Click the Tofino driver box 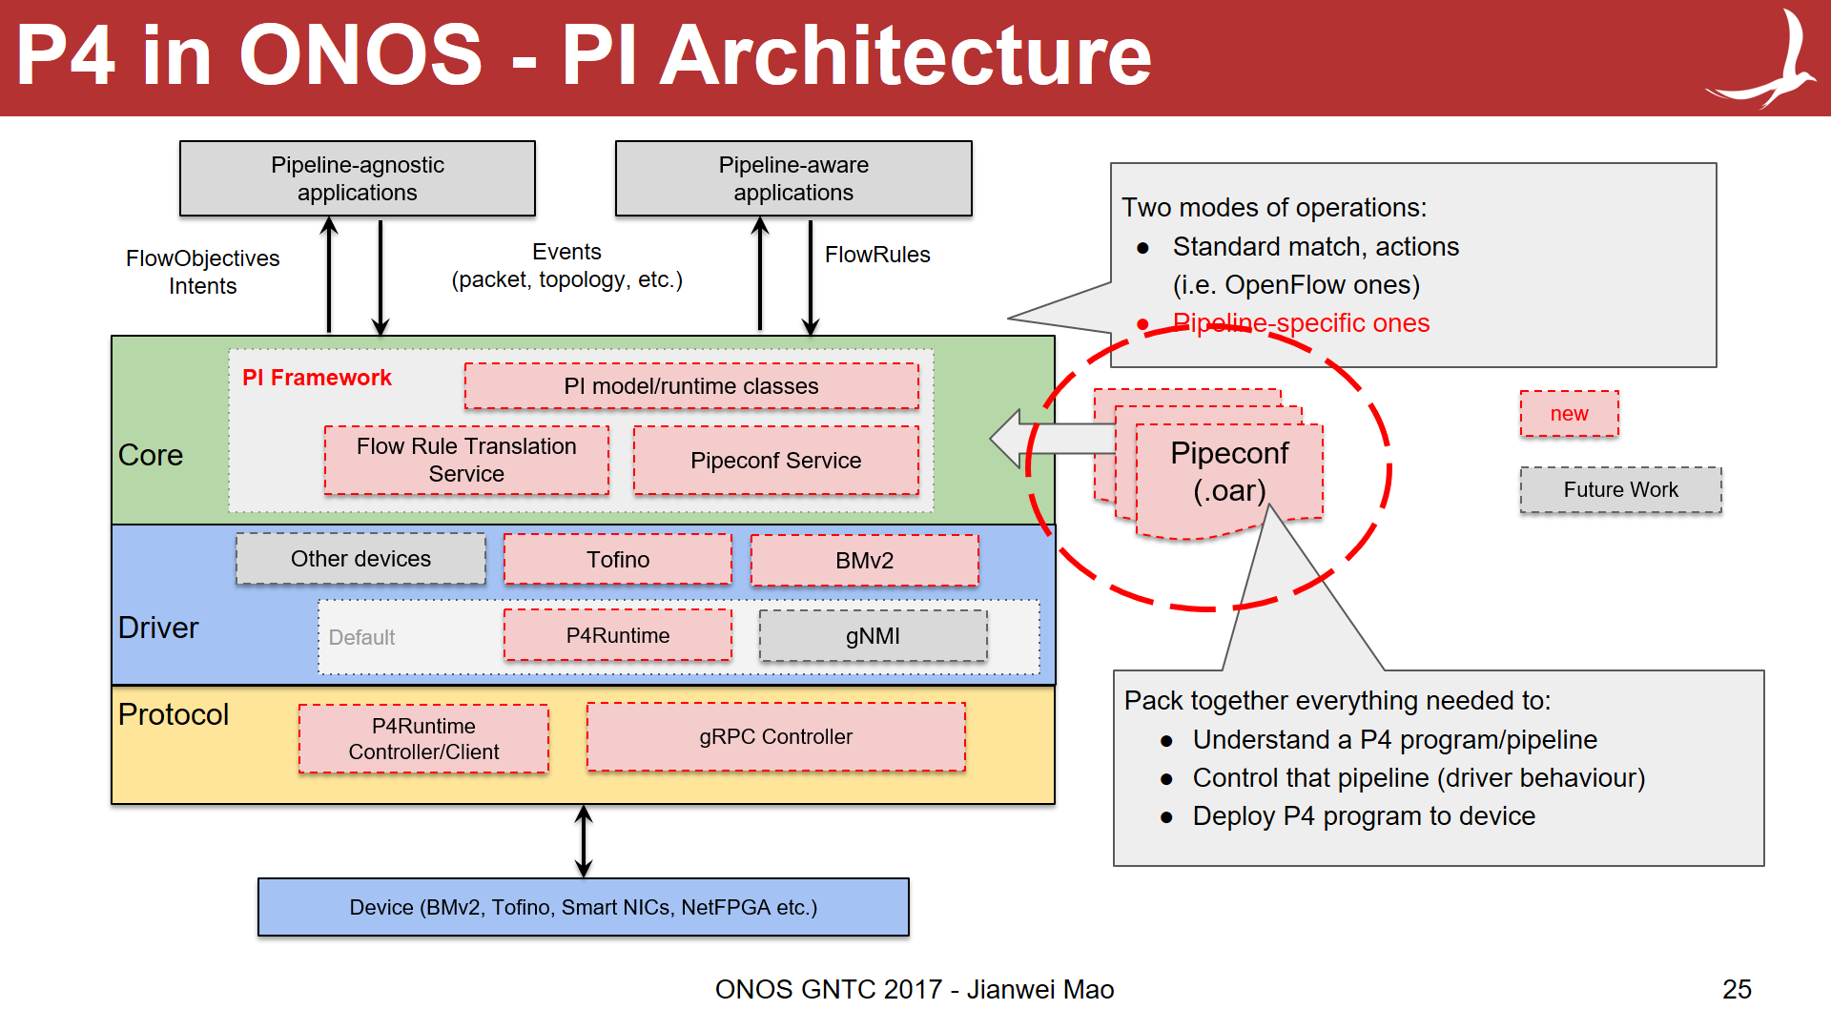click(x=617, y=560)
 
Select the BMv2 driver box click(x=864, y=561)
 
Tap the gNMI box click(x=873, y=636)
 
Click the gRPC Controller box click(x=775, y=737)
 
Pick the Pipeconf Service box click(x=775, y=461)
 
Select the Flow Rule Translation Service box click(x=466, y=461)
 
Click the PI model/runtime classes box click(x=690, y=386)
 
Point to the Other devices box click(x=360, y=559)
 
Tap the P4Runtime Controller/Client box click(x=423, y=739)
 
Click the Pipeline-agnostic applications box click(x=357, y=178)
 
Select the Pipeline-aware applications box click(x=793, y=178)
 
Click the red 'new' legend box click(x=1569, y=414)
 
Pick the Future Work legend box click(x=1620, y=490)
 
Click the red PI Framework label click(x=317, y=378)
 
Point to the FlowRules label click(x=876, y=255)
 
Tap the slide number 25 click(x=1737, y=989)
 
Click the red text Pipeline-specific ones click(x=1301, y=323)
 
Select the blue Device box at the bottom click(x=583, y=907)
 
